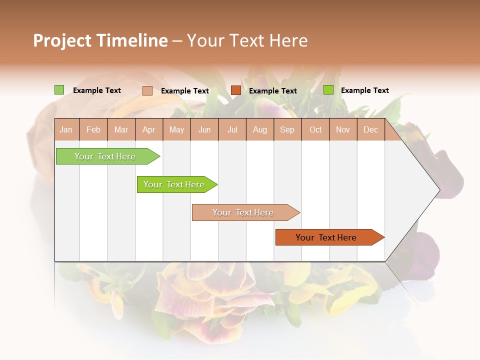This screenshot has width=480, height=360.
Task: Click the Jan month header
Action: (66, 129)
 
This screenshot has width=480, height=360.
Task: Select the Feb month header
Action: (93, 129)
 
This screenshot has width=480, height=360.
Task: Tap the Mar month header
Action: (121, 129)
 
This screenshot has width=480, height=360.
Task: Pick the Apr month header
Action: (149, 129)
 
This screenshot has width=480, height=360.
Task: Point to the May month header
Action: (176, 129)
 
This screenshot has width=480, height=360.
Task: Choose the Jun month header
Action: (204, 129)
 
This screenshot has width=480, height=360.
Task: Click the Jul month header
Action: (232, 129)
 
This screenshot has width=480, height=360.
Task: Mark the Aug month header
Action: (260, 129)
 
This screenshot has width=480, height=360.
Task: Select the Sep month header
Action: (287, 129)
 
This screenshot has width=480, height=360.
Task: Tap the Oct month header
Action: (315, 129)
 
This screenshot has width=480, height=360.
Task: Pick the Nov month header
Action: (343, 129)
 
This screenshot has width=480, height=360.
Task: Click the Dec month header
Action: (371, 129)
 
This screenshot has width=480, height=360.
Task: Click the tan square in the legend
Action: (147, 90)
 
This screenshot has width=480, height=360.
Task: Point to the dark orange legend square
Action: (236, 90)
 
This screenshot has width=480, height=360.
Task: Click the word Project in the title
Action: (62, 40)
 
